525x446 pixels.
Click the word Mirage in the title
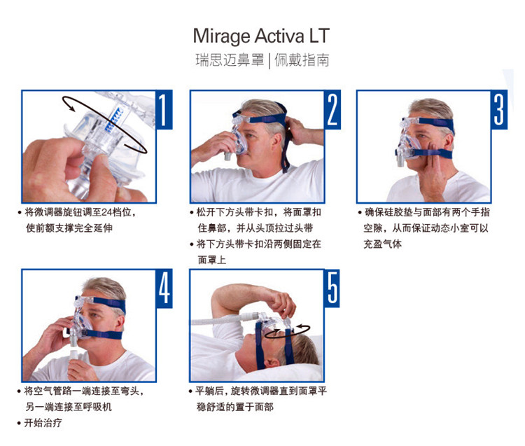tap(222, 36)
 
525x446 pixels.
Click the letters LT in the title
tap(319, 36)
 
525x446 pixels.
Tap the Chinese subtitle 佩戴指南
tap(302, 60)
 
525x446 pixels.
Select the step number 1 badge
tap(164, 109)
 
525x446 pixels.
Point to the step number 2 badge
tap(332, 109)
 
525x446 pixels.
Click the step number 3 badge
tap(499, 109)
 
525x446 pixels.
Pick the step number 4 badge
tap(164, 288)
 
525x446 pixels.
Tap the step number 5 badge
tap(332, 288)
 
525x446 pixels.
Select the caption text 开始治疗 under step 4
tap(43, 423)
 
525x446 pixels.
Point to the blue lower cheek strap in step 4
tap(103, 334)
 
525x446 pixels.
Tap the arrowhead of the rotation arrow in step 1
tap(71, 107)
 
